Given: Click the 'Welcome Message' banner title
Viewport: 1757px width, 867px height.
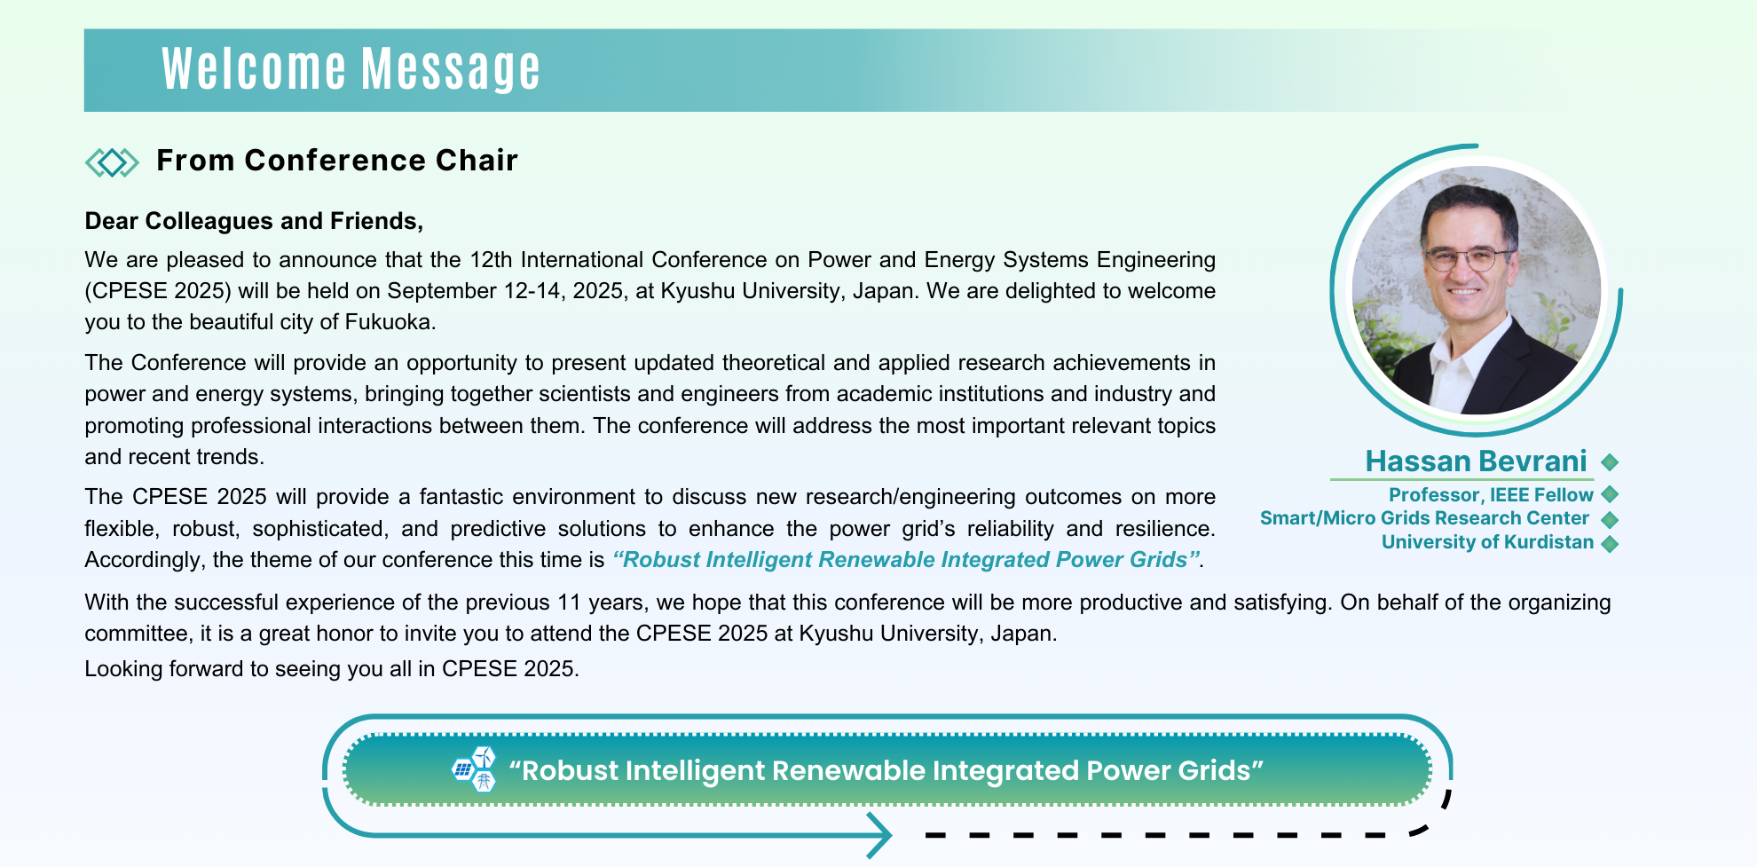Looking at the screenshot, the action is [351, 69].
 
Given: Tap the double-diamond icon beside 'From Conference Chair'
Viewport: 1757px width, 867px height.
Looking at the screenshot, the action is [112, 162].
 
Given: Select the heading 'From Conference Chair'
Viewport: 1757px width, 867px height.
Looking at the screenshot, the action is [337, 161].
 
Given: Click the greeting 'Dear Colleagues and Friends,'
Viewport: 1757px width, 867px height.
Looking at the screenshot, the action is [254, 221].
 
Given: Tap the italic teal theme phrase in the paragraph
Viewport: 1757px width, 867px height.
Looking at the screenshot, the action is [907, 560].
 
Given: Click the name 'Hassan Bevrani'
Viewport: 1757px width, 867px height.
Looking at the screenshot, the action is [1476, 461].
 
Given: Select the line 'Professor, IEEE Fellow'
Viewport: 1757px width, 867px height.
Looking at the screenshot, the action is [1491, 495].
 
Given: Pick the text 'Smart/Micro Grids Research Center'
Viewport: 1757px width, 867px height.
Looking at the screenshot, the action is [1424, 518].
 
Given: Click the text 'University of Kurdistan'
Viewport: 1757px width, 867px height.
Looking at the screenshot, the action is [1487, 542].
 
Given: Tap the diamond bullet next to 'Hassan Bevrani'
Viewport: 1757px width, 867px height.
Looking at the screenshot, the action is [1610, 462].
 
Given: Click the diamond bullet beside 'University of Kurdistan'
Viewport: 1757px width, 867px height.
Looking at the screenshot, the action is [1610, 544].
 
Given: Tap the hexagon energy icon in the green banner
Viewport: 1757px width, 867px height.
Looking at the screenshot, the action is [474, 769].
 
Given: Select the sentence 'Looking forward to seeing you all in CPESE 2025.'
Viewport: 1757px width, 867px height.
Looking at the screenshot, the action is [332, 669].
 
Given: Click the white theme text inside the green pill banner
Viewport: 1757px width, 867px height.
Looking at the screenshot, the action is [886, 770].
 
